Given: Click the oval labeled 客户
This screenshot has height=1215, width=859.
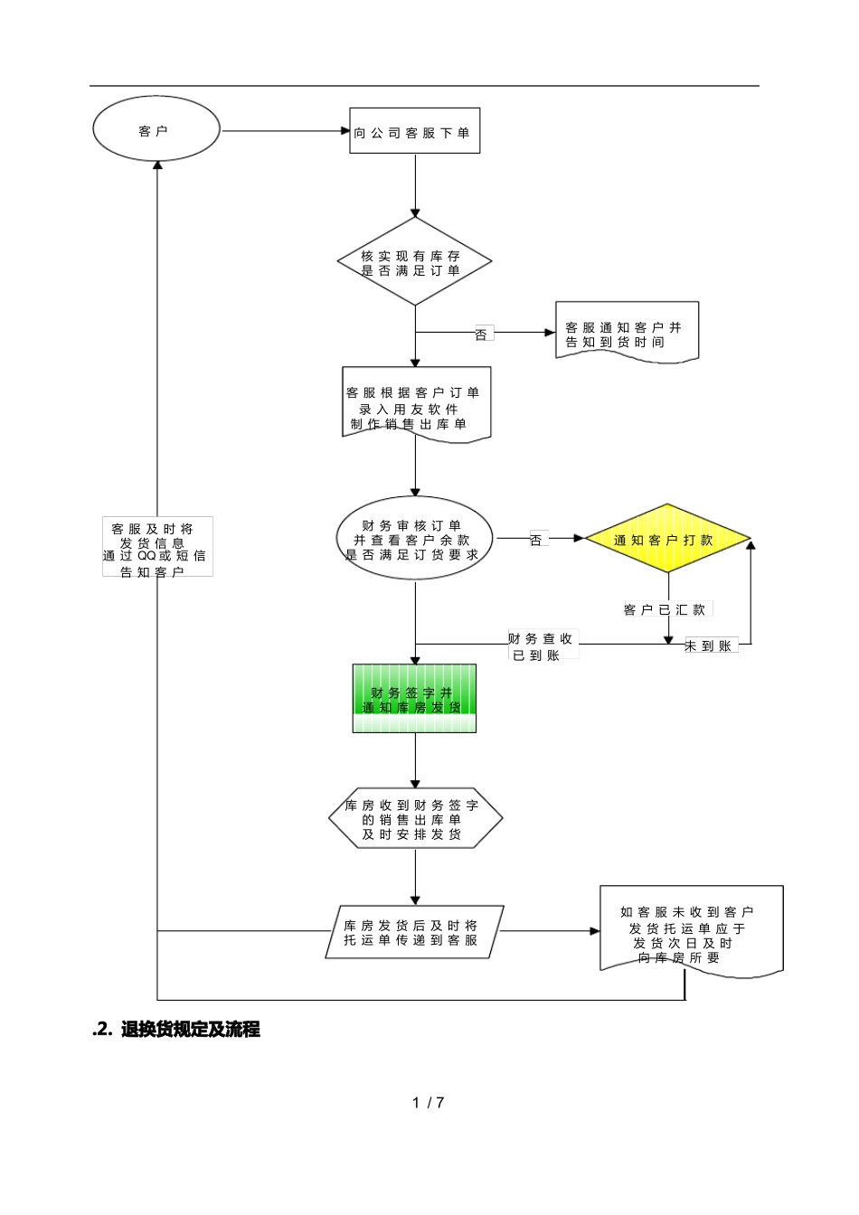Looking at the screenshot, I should click(x=156, y=130).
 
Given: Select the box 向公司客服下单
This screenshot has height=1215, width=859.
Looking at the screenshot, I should click(x=414, y=132).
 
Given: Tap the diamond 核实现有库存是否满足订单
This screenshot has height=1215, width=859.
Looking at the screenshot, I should click(x=414, y=262).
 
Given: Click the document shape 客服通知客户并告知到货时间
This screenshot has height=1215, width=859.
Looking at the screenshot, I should click(x=626, y=334).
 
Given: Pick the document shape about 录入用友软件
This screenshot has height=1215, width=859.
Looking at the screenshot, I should click(x=416, y=407).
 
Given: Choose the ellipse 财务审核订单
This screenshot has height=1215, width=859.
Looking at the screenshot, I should click(x=414, y=540).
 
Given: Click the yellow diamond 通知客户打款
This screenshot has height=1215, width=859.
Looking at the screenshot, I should click(x=667, y=540).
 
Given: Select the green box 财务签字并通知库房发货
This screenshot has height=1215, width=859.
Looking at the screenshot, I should click(x=414, y=699).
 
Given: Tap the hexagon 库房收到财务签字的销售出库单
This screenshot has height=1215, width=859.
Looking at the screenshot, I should click(x=415, y=819).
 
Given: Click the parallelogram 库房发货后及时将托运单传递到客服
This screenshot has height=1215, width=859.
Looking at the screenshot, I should click(x=413, y=932).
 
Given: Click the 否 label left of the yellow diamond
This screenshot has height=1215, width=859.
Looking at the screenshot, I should click(x=536, y=540).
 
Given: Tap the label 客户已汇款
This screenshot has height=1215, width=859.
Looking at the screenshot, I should click(x=665, y=610).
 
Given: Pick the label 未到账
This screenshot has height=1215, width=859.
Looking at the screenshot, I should click(x=711, y=645).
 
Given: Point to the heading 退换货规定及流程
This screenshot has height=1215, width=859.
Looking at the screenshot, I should click(x=190, y=1029).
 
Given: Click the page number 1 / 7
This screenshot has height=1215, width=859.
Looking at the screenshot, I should click(x=429, y=1102).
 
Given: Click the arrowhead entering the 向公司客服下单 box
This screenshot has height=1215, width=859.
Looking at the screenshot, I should click(x=345, y=131).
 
